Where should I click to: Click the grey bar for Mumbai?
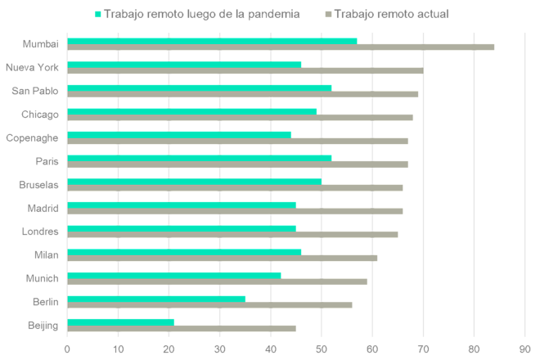click(281, 47)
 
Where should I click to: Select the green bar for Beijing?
click(121, 322)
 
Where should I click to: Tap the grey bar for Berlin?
click(209, 304)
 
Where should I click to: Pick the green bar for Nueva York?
click(184, 63)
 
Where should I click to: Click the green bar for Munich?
click(173, 275)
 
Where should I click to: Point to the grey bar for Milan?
click(222, 258)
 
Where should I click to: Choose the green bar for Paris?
click(199, 157)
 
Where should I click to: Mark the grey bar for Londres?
click(232, 234)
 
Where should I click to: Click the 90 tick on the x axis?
click(524, 348)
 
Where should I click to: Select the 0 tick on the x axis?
click(67, 348)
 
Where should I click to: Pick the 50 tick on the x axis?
click(322, 348)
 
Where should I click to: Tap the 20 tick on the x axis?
click(169, 348)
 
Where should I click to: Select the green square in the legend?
click(98, 14)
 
